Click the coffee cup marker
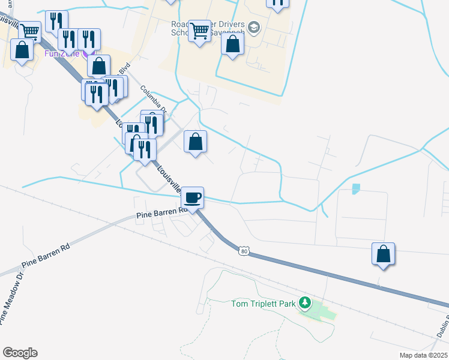click(x=192, y=197)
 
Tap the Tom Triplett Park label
click(x=264, y=304)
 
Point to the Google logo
click(x=20, y=353)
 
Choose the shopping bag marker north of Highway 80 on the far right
click(x=383, y=254)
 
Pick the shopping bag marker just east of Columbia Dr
click(x=195, y=142)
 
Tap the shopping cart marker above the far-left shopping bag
click(x=29, y=30)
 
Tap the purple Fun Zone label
click(x=59, y=53)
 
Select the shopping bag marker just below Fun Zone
click(x=99, y=65)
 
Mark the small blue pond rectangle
click(x=355, y=188)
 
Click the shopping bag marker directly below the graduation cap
click(x=232, y=44)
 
